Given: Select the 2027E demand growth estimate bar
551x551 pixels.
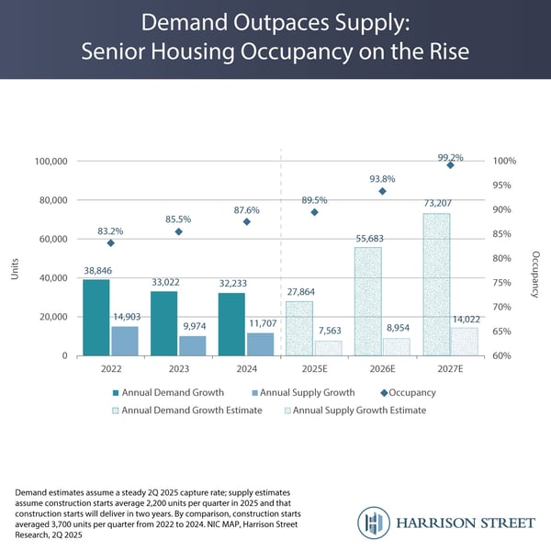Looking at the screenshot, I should (436, 285).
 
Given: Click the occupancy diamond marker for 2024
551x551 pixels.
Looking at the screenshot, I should (246, 221).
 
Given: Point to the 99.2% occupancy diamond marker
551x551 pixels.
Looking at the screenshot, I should (450, 164).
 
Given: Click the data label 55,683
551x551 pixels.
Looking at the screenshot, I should (368, 239).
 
